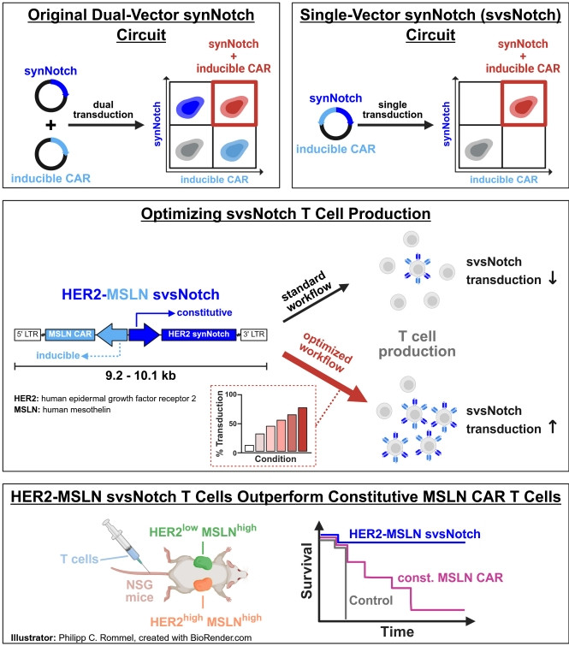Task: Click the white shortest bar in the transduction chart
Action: pyautogui.click(x=249, y=447)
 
